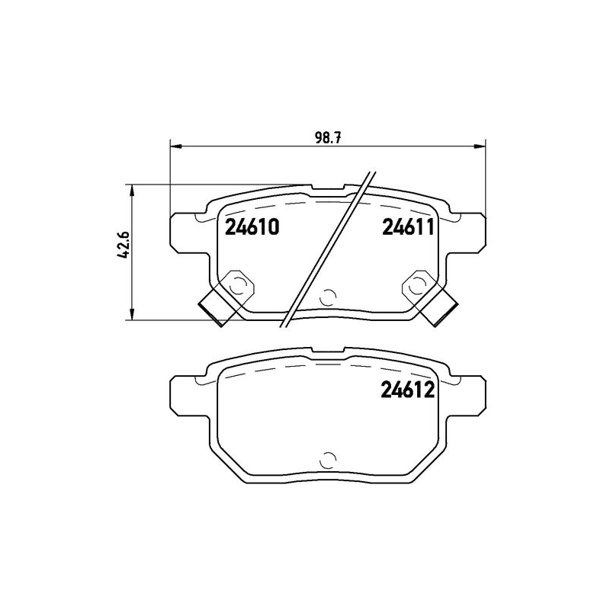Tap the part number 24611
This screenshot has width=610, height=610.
[407, 227]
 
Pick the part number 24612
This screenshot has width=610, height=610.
[407, 392]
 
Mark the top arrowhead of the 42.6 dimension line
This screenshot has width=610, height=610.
[133, 188]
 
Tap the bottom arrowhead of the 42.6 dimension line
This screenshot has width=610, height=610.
[133, 315]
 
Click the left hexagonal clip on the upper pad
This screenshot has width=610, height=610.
[238, 284]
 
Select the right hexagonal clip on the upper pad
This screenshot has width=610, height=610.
[417, 284]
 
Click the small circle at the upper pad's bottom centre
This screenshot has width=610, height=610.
[329, 297]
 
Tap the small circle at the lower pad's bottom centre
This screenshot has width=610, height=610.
[329, 459]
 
